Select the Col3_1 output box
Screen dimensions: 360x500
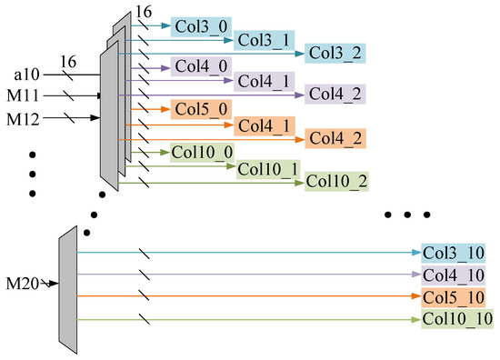(x=264, y=39)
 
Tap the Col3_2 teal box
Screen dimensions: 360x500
(x=335, y=53)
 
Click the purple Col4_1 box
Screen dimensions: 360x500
(x=264, y=81)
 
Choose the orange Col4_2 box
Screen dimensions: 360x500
(x=335, y=138)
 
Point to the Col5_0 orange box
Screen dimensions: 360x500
(x=196, y=110)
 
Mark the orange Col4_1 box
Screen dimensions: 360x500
(x=264, y=125)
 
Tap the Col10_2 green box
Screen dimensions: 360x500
(x=337, y=181)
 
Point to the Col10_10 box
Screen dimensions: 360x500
(x=456, y=319)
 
